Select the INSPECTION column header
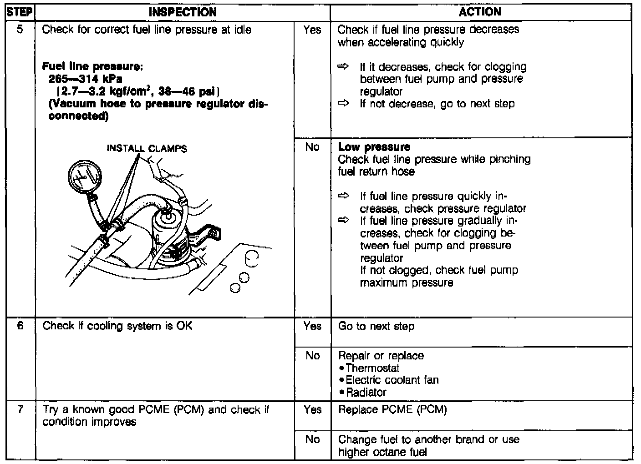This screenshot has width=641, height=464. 183,12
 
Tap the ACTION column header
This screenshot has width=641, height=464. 480,12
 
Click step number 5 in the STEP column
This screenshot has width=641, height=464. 20,30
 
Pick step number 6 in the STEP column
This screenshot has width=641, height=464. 20,326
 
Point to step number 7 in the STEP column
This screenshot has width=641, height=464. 20,409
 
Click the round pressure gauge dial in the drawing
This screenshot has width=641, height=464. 85,177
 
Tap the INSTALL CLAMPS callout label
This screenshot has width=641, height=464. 147,149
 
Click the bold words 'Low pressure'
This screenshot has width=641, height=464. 374,147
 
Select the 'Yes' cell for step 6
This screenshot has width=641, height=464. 312,326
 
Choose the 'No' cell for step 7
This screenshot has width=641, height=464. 312,439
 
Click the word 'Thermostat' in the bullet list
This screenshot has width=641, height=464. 372,368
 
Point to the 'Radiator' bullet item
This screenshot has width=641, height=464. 366,392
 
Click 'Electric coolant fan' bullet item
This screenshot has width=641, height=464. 392,380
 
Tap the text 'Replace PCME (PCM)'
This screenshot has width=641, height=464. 392,409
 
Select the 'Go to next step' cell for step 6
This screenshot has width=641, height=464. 376,326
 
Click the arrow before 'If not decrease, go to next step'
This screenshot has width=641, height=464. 343,104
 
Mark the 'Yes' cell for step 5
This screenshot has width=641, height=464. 312,30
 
